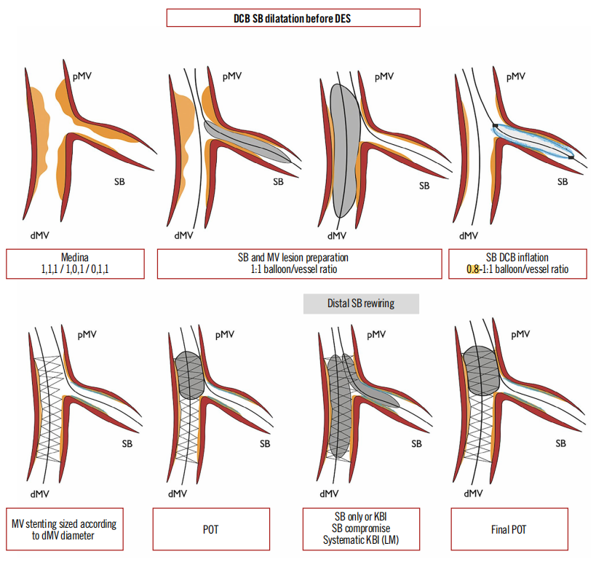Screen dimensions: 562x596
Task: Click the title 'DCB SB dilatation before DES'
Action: point(293,18)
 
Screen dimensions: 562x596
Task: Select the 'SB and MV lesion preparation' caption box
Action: point(299,264)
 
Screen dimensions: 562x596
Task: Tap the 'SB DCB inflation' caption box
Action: point(517,264)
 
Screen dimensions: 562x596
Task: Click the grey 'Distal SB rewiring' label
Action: point(361,303)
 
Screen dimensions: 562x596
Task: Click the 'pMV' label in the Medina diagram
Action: point(82,75)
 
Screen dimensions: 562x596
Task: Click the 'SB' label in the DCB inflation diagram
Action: point(563,182)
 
